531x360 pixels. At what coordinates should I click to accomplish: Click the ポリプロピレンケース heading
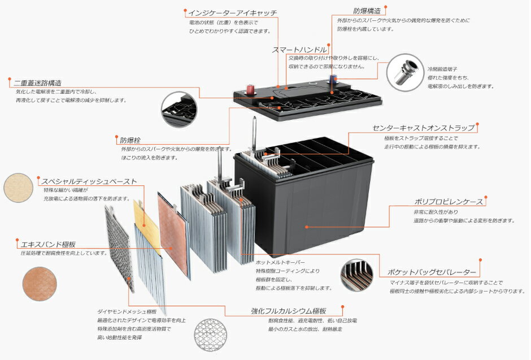(x=449, y=202)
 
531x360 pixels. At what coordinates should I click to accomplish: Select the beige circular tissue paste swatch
(x=20, y=189)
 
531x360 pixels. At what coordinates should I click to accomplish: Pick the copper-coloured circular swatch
(x=40, y=284)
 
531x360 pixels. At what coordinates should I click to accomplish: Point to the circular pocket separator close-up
(x=356, y=276)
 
